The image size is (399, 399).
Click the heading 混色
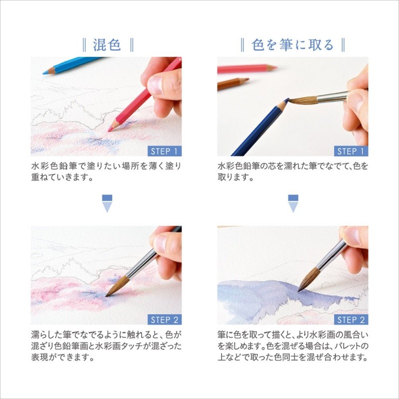(x=107, y=45)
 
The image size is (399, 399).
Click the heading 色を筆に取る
(x=293, y=45)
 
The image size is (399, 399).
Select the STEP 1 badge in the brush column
(x=351, y=151)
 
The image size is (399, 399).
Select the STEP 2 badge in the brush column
(x=351, y=320)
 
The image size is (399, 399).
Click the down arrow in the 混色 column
(x=107, y=203)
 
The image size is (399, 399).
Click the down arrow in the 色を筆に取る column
(x=293, y=203)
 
